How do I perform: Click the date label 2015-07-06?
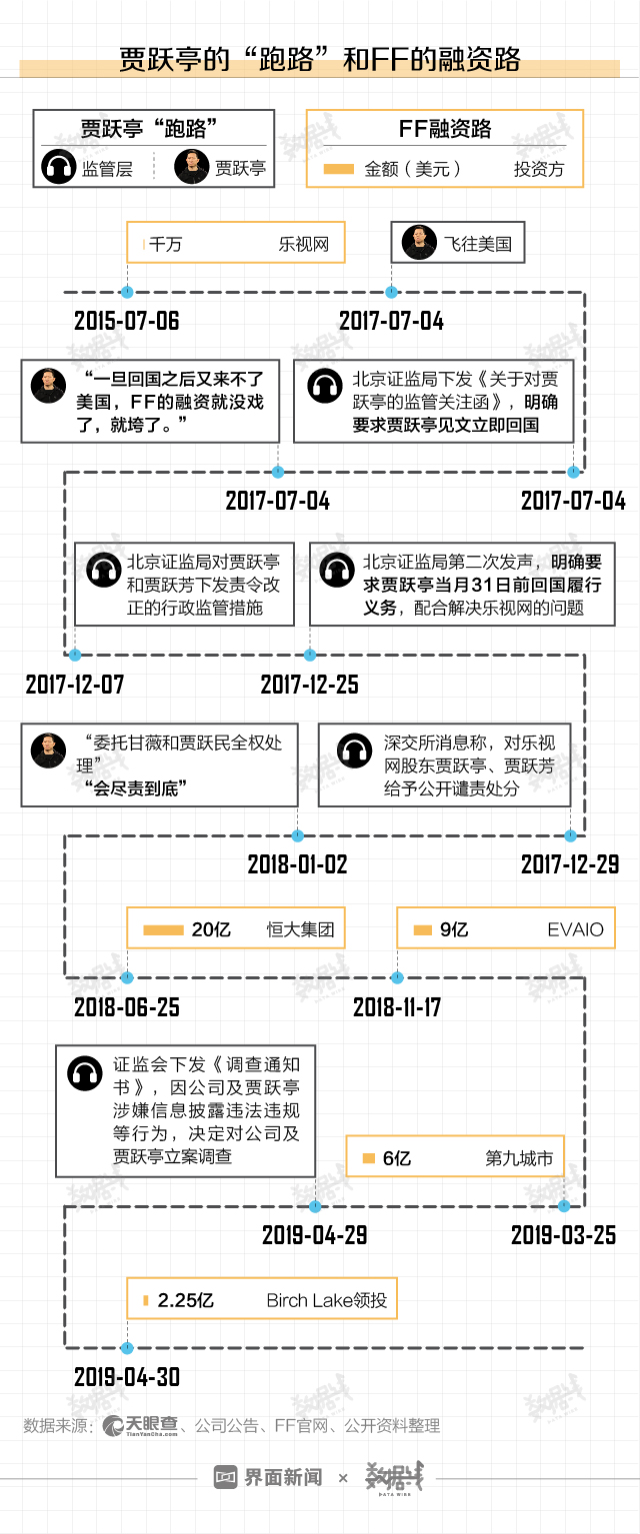point(127,321)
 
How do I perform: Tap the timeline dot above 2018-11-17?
point(397,977)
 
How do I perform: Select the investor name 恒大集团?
point(300,929)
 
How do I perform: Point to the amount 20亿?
point(211,929)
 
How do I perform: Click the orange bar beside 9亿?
point(422,929)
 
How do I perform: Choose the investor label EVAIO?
point(576,929)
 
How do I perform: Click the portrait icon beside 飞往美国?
point(418,243)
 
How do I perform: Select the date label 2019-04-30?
point(127,1377)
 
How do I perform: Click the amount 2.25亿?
point(186,1300)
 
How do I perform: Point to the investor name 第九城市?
point(519,1158)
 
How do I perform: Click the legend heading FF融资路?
point(444,129)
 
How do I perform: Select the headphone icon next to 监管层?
point(59,167)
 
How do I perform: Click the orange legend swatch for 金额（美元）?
point(339,169)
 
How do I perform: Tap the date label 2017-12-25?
point(309,685)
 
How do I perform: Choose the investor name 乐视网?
point(304,243)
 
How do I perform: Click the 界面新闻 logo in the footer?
point(269,1477)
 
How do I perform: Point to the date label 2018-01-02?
point(297,864)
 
